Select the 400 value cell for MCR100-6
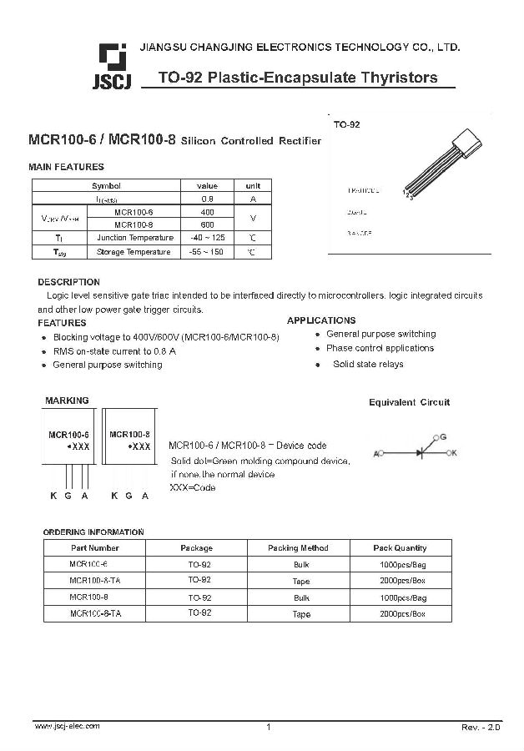207,212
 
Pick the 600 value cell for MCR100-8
207,224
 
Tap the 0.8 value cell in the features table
207,199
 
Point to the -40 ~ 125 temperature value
207,238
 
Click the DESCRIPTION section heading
68,282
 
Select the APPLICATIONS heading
321,320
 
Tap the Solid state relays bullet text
368,364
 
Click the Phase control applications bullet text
380,348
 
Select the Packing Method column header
298,548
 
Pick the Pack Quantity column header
400,548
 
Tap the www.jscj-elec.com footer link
67,726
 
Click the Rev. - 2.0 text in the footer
481,728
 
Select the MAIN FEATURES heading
67,167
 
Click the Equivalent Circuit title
409,402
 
